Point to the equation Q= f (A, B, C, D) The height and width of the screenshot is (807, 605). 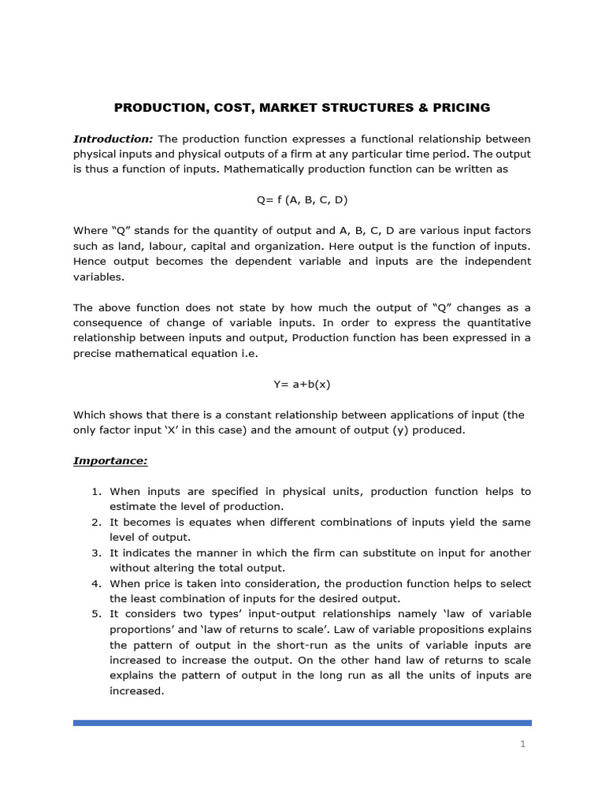pos(302,200)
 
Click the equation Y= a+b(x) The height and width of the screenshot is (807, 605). pos(302,384)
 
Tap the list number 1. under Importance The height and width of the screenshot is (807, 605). pos(95,492)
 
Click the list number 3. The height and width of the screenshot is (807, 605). pos(95,553)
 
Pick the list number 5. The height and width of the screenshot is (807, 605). pos(95,614)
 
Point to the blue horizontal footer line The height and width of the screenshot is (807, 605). pos(302,722)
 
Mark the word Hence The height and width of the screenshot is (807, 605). pos(91,262)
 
